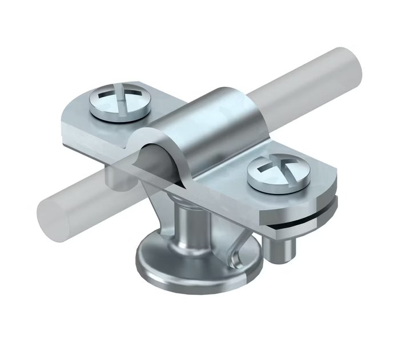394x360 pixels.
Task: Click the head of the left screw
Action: click(x=119, y=98)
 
